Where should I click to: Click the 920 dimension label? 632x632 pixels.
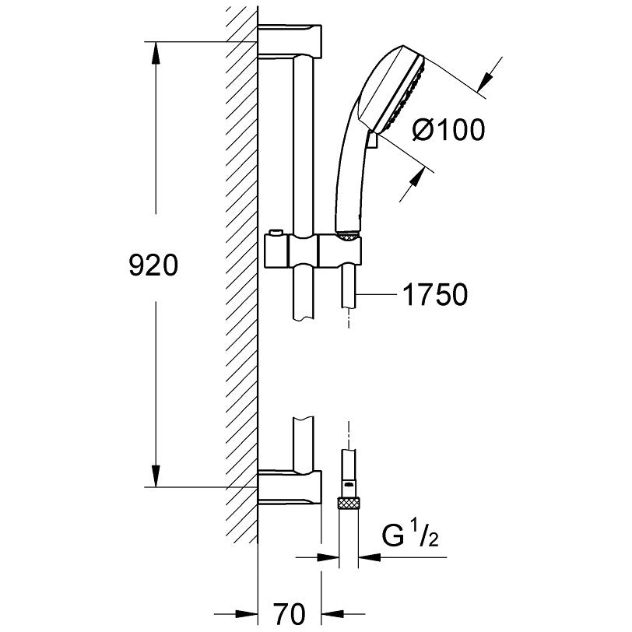tap(153, 266)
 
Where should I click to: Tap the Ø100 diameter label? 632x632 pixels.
tap(448, 130)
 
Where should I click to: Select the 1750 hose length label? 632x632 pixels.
tap(435, 294)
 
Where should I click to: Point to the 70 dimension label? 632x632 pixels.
tap(290, 614)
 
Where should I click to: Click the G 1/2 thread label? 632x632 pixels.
tap(410, 533)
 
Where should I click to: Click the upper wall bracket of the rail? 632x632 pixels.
tap(290, 41)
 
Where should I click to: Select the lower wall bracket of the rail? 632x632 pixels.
tap(290, 487)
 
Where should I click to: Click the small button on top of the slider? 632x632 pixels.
tap(276, 233)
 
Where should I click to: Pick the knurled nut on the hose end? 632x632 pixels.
tap(348, 503)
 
